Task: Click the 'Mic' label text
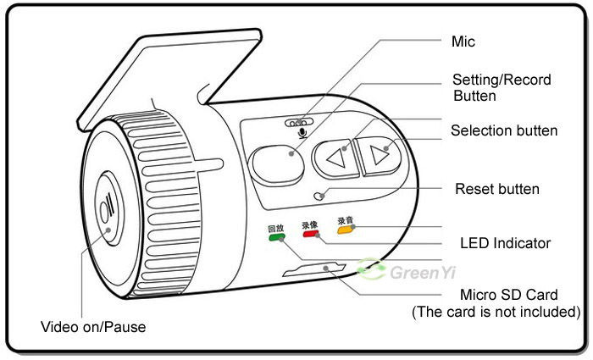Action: tap(464, 41)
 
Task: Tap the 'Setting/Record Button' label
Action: tap(502, 87)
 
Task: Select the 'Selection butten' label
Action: tap(504, 130)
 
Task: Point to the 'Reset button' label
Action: tap(497, 188)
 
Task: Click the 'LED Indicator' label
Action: tap(505, 243)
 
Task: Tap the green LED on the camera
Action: tap(276, 238)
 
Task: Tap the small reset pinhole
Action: tap(319, 195)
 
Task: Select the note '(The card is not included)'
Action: tap(496, 312)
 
